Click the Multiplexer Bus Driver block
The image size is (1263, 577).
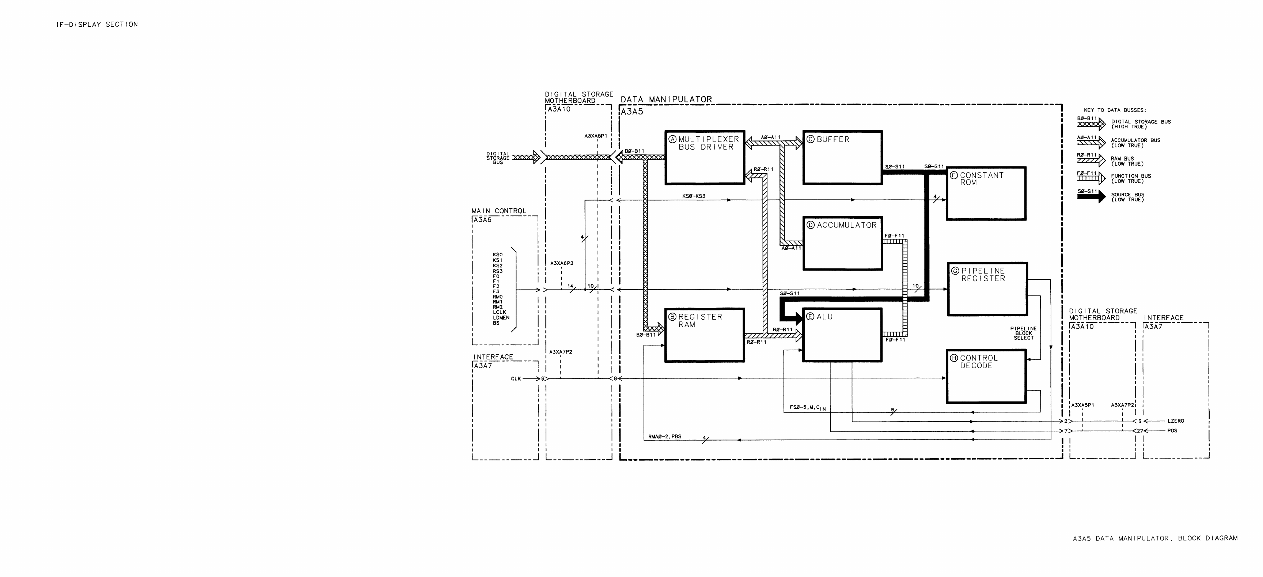(705, 158)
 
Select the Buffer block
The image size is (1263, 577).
(842, 158)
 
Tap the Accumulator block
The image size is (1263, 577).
(842, 244)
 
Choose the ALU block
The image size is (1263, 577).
(842, 335)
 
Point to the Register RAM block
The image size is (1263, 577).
(705, 335)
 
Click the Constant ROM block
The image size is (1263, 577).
(986, 193)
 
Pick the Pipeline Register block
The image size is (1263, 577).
(987, 289)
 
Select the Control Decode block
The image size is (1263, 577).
(986, 376)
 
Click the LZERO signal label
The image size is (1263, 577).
(1176, 421)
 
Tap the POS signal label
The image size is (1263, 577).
(1172, 431)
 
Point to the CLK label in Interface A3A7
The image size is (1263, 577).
(516, 379)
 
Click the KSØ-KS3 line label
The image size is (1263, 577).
(694, 196)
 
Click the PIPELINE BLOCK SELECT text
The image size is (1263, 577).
(1024, 333)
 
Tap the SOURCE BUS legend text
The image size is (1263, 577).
(1128, 197)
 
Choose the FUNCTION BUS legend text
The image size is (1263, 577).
(1131, 178)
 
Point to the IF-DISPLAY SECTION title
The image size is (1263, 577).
(97, 24)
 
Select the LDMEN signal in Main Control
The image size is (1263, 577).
(501, 317)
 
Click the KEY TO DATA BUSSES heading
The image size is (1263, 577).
(1115, 110)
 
